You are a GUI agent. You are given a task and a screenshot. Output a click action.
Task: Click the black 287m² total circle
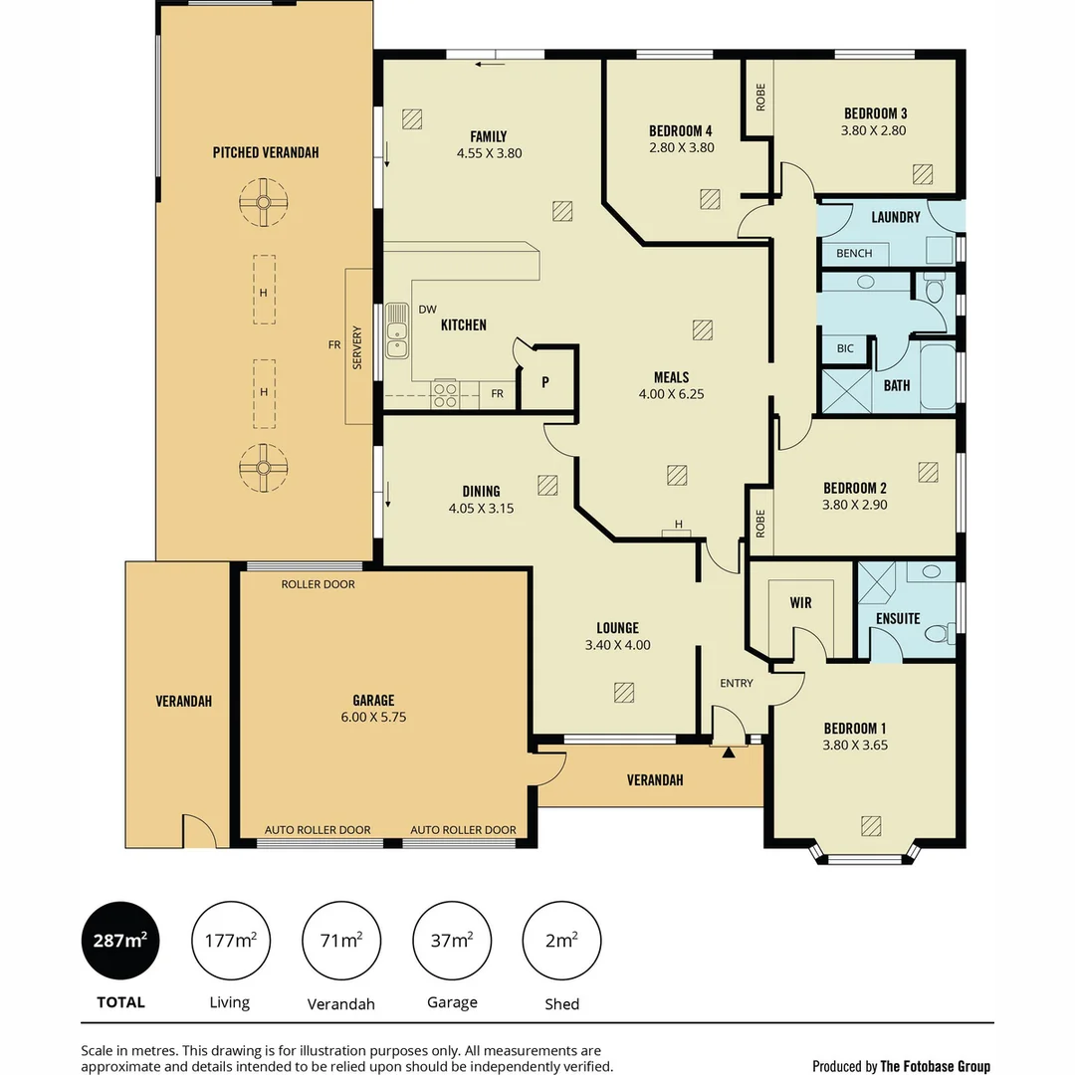click(119, 941)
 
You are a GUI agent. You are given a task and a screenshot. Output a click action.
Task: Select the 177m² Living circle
click(231, 941)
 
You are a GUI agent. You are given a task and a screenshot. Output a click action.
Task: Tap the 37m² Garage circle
click(452, 941)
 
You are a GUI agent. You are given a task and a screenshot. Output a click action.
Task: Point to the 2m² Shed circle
click(562, 941)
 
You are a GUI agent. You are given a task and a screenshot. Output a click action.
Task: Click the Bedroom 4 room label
click(680, 130)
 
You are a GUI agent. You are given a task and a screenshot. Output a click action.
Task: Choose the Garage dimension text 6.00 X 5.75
click(373, 717)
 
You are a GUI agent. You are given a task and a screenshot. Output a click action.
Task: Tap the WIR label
click(801, 603)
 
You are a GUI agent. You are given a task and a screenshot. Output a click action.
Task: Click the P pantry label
click(545, 382)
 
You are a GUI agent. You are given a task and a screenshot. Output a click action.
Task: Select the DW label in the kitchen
click(427, 310)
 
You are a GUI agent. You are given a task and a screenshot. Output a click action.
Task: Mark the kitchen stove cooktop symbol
click(444, 395)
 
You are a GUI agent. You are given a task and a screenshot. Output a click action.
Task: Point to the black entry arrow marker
click(729, 752)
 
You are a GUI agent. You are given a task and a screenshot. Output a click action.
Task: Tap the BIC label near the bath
click(845, 348)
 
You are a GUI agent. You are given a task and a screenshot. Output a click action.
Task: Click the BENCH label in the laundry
click(853, 254)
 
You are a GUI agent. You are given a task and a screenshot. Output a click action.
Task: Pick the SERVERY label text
click(357, 347)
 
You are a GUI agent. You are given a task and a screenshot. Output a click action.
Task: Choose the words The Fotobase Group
click(935, 1066)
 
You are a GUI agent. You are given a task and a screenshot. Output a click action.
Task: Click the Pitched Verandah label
click(265, 152)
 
